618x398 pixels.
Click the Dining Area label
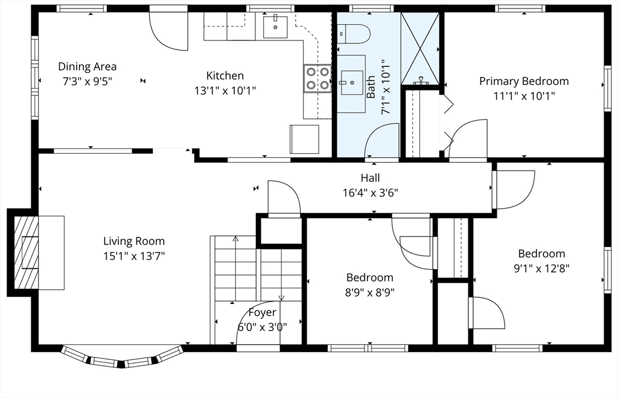point(87,66)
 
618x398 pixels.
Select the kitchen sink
point(275,27)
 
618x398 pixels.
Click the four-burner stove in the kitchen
point(317,78)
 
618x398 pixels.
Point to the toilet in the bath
point(354,34)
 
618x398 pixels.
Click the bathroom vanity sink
point(352,83)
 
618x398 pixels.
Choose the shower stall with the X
point(420,48)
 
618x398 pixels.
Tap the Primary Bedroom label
point(524,81)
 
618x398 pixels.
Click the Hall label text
point(371,178)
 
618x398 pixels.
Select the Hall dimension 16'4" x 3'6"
point(371,193)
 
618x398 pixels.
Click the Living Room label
point(134,241)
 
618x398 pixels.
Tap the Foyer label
point(262,312)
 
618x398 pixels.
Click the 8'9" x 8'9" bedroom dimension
point(370,292)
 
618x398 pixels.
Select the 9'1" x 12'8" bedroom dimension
point(541,268)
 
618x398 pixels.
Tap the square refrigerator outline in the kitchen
point(304,139)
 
